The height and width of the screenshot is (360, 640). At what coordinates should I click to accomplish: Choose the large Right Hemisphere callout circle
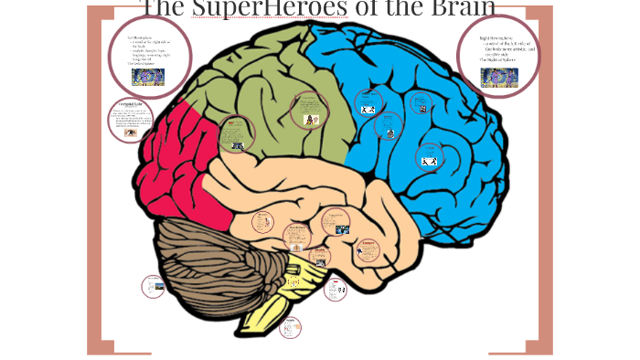click(x=498, y=55)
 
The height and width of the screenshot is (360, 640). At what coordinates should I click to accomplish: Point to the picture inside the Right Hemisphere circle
click(x=499, y=78)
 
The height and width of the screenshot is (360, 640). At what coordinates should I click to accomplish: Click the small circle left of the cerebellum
click(x=154, y=287)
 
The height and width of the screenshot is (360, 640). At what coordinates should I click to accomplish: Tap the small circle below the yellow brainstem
click(x=290, y=326)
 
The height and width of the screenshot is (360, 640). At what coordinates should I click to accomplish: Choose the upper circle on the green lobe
click(x=309, y=111)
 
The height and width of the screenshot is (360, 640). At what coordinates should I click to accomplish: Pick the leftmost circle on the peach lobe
click(x=262, y=221)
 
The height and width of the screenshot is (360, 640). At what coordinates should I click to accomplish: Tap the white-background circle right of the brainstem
click(x=336, y=290)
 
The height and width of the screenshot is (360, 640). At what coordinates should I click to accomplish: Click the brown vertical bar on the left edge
click(x=94, y=183)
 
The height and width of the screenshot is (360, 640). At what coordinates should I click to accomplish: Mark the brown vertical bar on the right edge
click(x=545, y=183)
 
